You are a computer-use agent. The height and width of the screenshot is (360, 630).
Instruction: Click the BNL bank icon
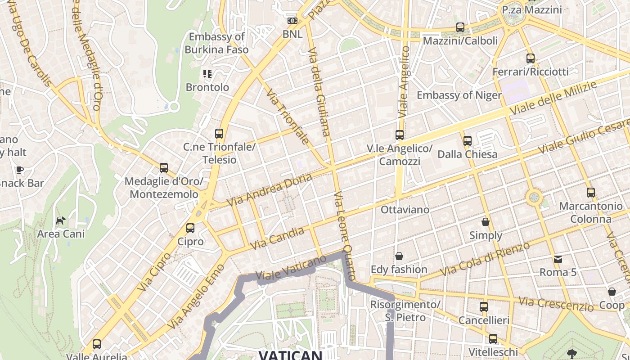292,21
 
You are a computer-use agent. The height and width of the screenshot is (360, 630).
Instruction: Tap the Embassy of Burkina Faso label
216,43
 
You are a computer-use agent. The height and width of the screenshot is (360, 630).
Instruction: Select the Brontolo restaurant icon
207,73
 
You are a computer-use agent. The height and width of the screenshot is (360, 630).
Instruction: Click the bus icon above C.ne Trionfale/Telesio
219,134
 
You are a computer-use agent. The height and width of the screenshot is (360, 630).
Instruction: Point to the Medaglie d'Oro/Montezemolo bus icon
164,168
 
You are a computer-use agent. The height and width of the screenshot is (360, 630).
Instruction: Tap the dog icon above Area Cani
60,220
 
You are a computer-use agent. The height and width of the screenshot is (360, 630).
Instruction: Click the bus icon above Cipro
190,228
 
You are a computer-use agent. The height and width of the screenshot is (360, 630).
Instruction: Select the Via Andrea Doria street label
269,189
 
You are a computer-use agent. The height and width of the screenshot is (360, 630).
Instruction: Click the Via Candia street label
277,238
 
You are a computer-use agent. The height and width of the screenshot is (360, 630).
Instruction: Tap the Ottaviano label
405,210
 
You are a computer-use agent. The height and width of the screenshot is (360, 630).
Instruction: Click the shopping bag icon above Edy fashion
399,256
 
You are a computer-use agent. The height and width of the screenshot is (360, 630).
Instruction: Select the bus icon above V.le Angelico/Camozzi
400,135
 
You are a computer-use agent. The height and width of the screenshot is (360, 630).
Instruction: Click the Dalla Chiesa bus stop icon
468,141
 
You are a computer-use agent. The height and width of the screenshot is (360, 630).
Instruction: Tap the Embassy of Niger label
459,95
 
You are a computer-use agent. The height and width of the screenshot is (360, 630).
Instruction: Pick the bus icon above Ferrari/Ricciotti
531,58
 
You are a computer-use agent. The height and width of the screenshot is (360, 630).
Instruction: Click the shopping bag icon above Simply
486,221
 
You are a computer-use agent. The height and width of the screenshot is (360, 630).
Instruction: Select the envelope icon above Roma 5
558,259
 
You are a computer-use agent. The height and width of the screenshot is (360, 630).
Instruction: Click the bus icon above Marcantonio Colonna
591,193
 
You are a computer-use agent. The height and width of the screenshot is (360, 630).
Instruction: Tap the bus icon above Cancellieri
484,307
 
